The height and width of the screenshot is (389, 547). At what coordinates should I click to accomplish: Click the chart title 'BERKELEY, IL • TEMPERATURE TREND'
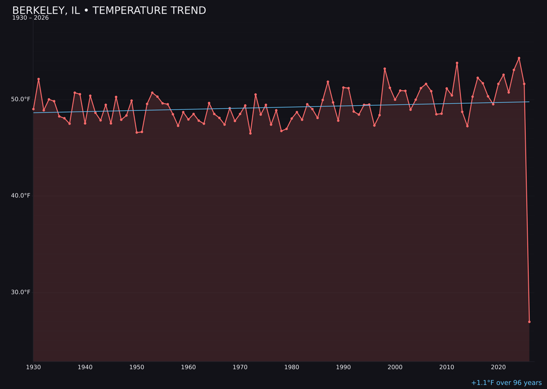[x=109, y=11]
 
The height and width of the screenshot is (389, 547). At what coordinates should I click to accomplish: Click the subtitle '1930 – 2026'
[x=30, y=18]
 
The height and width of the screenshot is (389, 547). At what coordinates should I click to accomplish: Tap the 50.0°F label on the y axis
[x=21, y=99]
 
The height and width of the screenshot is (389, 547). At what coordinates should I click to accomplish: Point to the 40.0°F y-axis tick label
[x=21, y=196]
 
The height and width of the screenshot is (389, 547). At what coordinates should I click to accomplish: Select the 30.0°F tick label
[x=21, y=292]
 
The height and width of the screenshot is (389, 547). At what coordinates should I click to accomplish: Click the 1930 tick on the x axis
[x=33, y=367]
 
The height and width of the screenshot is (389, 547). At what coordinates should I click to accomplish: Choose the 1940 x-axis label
[x=85, y=367]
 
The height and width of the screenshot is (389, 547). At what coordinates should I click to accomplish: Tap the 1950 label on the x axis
[x=137, y=367]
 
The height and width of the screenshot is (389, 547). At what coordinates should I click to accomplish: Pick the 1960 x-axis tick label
[x=188, y=367]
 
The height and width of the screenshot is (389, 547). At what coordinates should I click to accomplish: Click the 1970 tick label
[x=240, y=367]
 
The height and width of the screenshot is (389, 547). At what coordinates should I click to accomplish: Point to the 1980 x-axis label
[x=292, y=367]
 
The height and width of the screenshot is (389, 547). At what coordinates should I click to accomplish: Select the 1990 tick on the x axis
[x=343, y=367]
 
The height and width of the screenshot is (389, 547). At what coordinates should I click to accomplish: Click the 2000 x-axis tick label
[x=395, y=367]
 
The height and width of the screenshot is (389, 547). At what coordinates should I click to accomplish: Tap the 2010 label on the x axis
[x=447, y=367]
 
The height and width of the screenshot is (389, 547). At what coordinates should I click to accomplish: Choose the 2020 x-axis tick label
[x=498, y=367]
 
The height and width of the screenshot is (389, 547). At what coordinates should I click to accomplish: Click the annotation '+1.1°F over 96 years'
[x=506, y=383]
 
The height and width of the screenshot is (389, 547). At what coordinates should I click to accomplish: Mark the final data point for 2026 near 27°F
[x=529, y=322]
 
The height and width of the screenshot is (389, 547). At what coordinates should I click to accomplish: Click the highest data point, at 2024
[x=519, y=58]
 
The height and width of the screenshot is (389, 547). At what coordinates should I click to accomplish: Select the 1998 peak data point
[x=384, y=69]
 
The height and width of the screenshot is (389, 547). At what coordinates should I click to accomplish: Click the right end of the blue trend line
[x=529, y=102]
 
